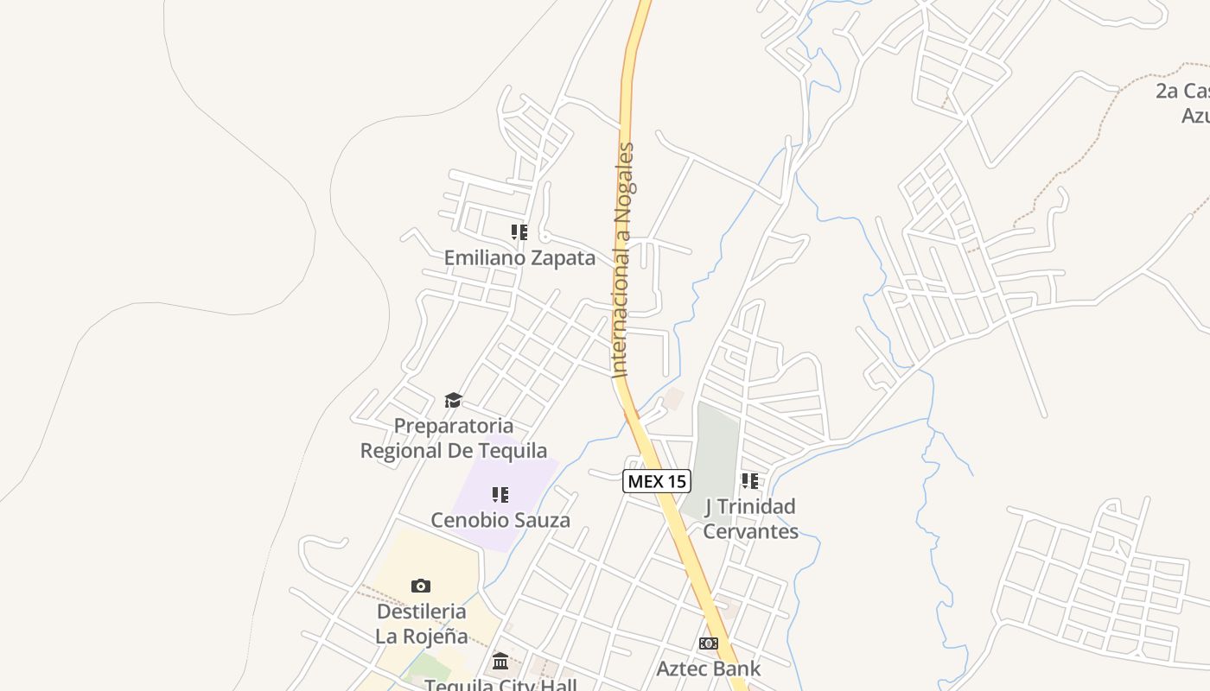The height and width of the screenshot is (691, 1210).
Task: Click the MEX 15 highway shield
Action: pyautogui.click(x=657, y=481)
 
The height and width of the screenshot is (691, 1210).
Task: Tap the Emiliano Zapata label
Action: pyautogui.click(x=519, y=257)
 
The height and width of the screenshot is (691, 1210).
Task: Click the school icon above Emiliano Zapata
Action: pyautogui.click(x=519, y=231)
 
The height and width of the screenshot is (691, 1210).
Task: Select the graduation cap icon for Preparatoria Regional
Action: pyautogui.click(x=453, y=400)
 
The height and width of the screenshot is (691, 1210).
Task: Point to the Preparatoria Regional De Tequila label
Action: pyautogui.click(x=453, y=438)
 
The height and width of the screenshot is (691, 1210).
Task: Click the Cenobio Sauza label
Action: pyautogui.click(x=500, y=520)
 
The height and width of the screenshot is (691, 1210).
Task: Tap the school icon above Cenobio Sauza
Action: pyautogui.click(x=500, y=495)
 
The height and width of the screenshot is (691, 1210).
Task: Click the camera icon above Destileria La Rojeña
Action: pyautogui.click(x=421, y=586)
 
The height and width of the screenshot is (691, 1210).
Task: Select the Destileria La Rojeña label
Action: pyautogui.click(x=421, y=624)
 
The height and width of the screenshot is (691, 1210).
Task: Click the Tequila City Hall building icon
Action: pyautogui.click(x=500, y=662)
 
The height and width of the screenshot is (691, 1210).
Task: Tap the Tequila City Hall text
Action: pyautogui.click(x=500, y=685)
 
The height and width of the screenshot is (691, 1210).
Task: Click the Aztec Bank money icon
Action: pyautogui.click(x=708, y=643)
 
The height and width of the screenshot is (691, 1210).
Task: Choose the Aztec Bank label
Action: pyautogui.click(x=708, y=668)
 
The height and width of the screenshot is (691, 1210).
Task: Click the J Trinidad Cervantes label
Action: pyautogui.click(x=750, y=518)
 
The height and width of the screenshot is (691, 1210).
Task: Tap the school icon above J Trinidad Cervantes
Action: pyautogui.click(x=750, y=480)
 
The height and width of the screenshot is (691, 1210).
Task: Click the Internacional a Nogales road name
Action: pyautogui.click(x=623, y=259)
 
